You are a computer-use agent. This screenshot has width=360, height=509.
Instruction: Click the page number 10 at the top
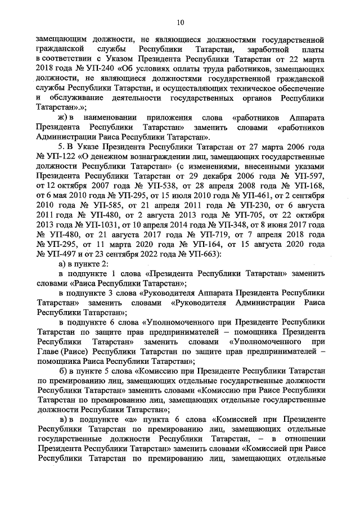pos(180,22)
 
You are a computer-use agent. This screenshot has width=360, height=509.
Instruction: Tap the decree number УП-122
pos(60,156)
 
